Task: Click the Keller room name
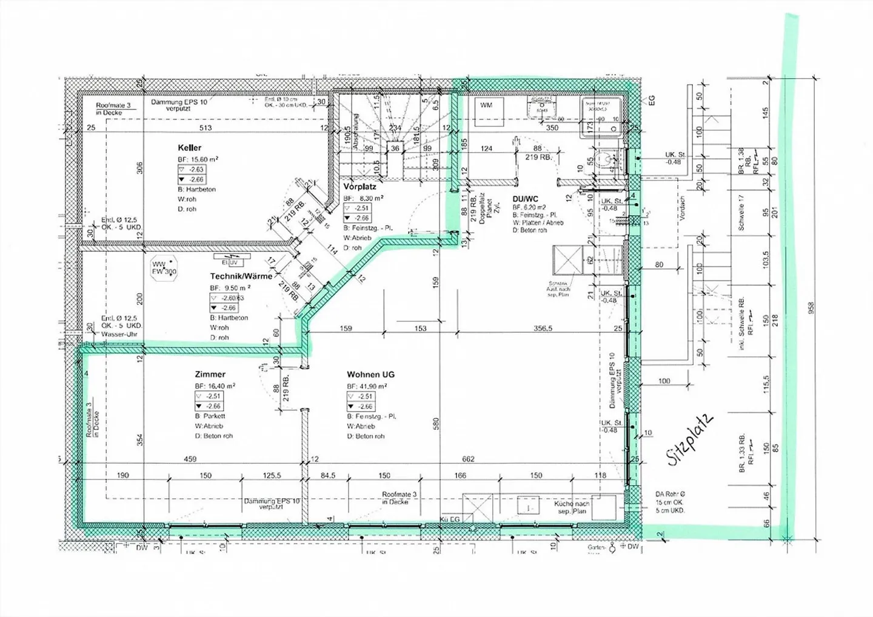tap(189, 148)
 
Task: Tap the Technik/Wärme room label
tap(241, 276)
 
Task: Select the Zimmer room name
tap(210, 375)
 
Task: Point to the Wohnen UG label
tap(370, 375)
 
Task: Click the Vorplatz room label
tap(360, 187)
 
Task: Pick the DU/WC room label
tap(525, 199)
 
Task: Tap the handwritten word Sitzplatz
tap(689, 440)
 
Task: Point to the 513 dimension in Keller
tap(206, 128)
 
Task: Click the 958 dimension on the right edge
tap(811, 308)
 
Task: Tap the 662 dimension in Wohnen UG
tap(468, 459)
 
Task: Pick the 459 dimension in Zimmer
tap(190, 459)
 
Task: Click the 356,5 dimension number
tap(543, 329)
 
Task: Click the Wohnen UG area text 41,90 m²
tap(367, 386)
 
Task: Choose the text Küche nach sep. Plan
tap(571, 508)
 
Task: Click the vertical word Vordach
tap(682, 208)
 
